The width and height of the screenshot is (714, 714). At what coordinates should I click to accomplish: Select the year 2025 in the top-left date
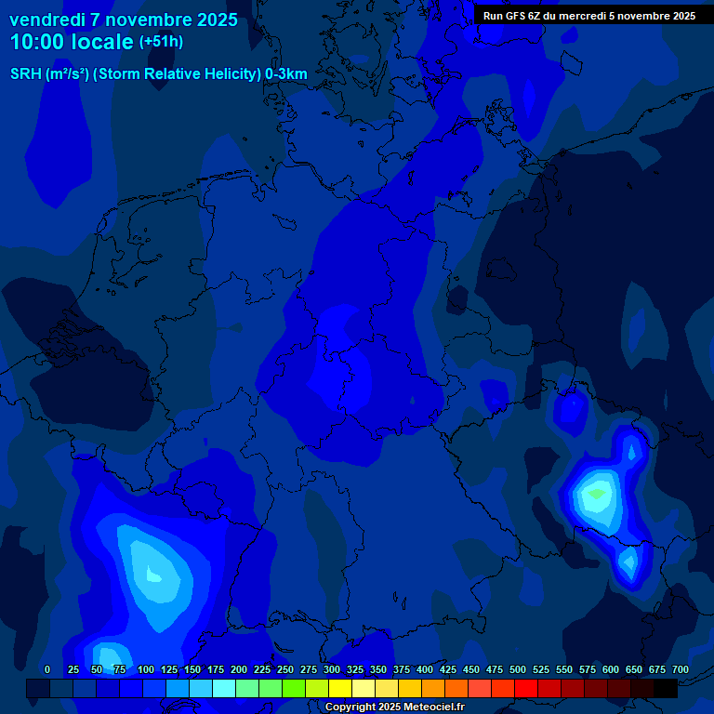point(216,20)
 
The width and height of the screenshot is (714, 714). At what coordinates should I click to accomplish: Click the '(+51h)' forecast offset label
point(161,42)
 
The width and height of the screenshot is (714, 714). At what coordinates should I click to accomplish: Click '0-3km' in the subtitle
point(286,74)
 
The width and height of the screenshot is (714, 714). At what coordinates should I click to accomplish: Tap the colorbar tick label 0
point(47,669)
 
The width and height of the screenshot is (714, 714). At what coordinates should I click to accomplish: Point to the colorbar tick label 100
point(146,669)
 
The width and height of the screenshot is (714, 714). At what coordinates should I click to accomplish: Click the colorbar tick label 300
point(332,669)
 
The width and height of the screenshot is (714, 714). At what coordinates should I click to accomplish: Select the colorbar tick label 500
point(518,669)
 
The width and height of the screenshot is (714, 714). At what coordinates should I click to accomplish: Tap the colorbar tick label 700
point(681,669)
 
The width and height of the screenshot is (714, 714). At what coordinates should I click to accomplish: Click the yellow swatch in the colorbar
point(340,688)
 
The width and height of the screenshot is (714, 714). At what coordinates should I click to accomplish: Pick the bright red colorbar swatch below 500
point(526,688)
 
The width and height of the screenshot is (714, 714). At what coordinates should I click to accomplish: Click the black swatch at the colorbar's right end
point(666,688)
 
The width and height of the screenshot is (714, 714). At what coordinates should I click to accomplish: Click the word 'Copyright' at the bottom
point(351,707)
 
